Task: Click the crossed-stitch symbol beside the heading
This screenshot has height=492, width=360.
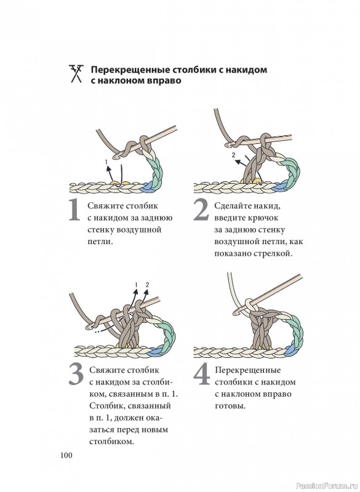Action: click(76, 74)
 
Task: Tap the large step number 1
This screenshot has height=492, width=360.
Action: click(74, 210)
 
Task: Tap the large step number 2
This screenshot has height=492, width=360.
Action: click(201, 210)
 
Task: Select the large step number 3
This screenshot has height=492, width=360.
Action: click(76, 375)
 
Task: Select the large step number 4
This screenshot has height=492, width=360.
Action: click(201, 374)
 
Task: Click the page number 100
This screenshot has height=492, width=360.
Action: click(66, 455)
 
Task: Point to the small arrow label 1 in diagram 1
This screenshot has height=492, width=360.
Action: click(106, 162)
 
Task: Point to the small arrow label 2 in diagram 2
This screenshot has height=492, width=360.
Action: click(233, 155)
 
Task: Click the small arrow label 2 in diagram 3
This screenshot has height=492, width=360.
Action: click(147, 285)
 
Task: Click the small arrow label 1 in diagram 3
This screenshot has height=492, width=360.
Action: click(136, 285)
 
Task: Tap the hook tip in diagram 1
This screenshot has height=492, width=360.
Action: click(118, 156)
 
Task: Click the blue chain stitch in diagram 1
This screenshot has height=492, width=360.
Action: click(147, 188)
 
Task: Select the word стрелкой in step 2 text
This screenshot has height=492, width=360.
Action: click(273, 253)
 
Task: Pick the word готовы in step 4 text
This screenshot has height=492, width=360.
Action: click(230, 406)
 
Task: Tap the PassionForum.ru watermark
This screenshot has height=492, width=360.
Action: click(327, 486)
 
